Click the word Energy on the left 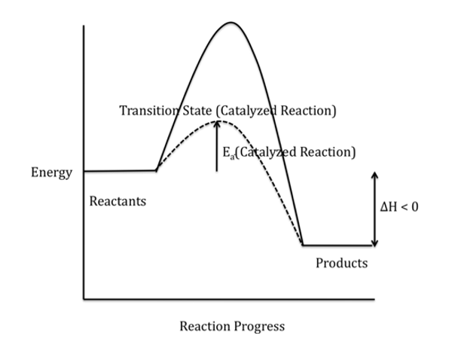(x=51, y=172)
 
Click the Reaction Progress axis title (x=232, y=326)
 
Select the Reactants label (x=118, y=202)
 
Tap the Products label (x=341, y=264)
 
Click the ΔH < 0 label (x=399, y=207)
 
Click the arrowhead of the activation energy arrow (x=217, y=123)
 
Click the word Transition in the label (x=148, y=111)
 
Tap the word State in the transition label (x=195, y=111)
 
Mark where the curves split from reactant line (x=156, y=170)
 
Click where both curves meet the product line (x=303, y=245)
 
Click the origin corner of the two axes (x=84, y=299)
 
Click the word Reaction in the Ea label (x=325, y=152)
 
